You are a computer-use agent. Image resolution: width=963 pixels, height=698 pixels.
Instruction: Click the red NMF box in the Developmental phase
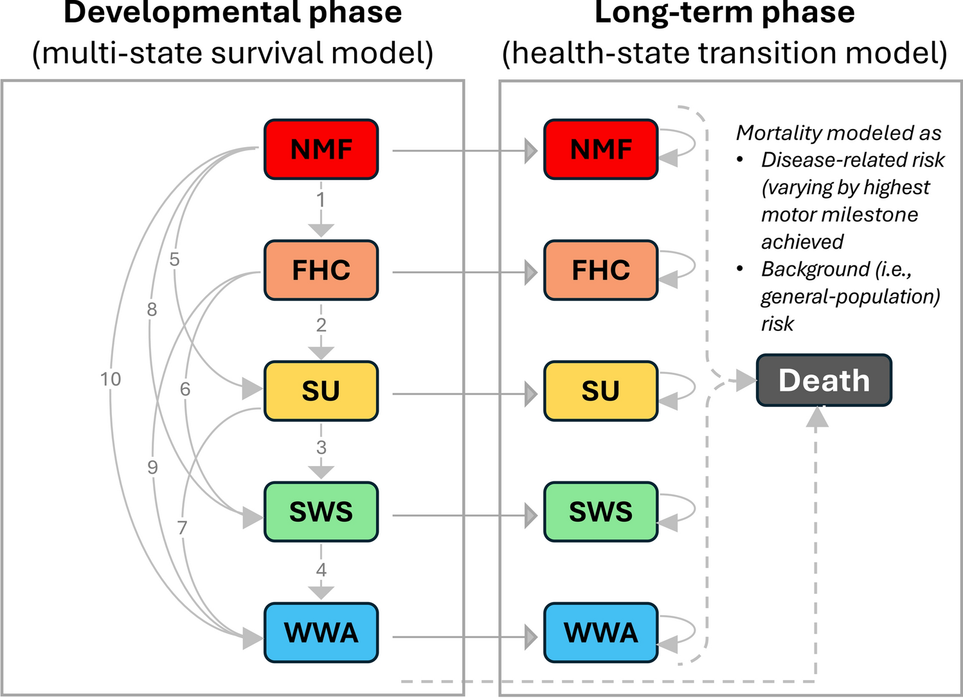click(x=321, y=149)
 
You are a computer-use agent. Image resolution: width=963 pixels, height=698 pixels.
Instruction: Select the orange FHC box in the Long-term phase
click(x=600, y=270)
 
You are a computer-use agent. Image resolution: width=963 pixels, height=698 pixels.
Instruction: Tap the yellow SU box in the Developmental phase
click(x=321, y=391)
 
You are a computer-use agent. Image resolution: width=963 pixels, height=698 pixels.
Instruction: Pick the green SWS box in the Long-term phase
click(x=600, y=512)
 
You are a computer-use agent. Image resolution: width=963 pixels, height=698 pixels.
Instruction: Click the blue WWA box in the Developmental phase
click(x=321, y=632)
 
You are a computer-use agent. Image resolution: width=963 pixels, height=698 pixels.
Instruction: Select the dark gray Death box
click(x=824, y=380)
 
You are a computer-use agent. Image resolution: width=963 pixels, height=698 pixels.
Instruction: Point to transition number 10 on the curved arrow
click(x=111, y=379)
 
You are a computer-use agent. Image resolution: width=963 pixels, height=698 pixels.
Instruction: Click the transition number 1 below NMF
click(x=321, y=200)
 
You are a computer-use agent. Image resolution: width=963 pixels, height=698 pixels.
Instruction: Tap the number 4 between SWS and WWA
click(x=321, y=569)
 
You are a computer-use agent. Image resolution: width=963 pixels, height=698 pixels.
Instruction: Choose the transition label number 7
click(x=183, y=528)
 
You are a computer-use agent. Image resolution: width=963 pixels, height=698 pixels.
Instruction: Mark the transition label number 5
click(x=174, y=260)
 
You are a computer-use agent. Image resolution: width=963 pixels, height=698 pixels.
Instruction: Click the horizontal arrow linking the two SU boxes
click(x=463, y=394)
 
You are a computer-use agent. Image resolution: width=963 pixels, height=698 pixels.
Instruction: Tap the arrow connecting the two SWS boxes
click(x=463, y=515)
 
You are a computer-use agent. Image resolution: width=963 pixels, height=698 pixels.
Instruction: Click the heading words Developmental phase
click(x=233, y=13)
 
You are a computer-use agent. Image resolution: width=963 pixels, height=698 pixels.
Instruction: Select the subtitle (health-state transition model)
click(x=724, y=53)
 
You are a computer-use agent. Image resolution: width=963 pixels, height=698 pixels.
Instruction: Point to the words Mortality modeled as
click(x=838, y=133)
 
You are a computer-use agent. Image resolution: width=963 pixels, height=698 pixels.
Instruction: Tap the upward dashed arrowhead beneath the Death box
click(x=817, y=418)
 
